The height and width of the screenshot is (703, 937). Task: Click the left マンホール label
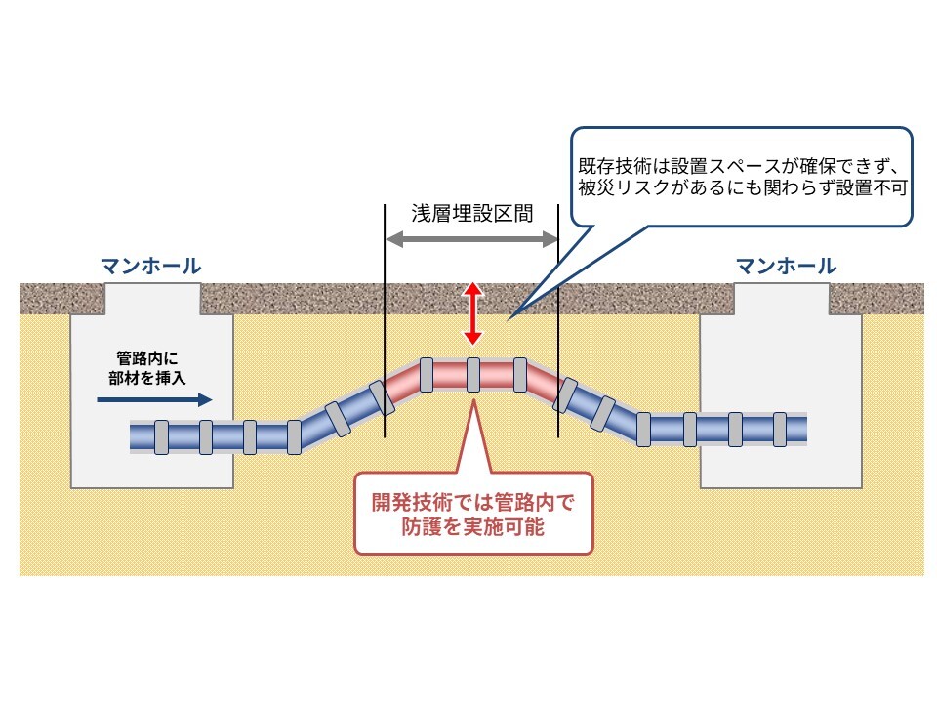point(151,265)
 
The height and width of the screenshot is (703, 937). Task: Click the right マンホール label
point(786,265)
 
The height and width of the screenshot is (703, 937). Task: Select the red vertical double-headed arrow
point(472,313)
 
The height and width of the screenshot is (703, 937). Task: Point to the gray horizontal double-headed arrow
point(471,239)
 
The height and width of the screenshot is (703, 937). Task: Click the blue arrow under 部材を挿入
point(156,398)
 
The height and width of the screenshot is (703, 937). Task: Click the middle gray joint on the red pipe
point(472,374)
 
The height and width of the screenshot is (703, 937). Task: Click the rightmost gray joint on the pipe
point(779,428)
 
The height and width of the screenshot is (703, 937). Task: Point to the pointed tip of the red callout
point(472,397)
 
